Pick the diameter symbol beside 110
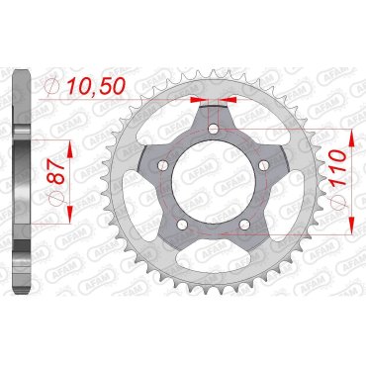[339, 201]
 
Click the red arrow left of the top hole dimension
[198, 100]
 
